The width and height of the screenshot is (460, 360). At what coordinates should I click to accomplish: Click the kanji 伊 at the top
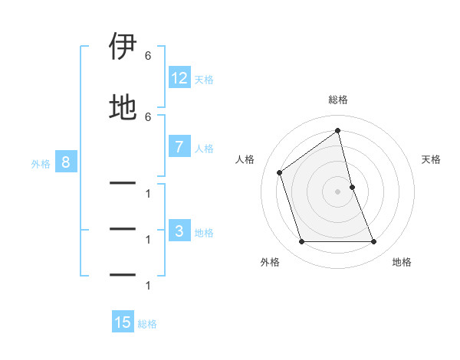click(123, 47)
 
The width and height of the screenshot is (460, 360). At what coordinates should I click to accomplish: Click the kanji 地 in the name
click(123, 107)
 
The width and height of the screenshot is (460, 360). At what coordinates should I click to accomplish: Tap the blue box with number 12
click(179, 78)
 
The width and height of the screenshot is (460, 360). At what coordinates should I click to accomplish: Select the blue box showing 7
click(179, 148)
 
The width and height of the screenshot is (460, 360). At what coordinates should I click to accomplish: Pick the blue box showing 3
click(179, 231)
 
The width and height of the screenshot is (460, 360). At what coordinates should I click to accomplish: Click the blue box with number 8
click(66, 162)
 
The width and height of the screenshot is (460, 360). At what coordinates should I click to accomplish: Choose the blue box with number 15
click(123, 322)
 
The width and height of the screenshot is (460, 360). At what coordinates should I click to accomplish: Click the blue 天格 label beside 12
click(204, 80)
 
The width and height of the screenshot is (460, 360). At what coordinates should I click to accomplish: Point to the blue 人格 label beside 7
click(204, 149)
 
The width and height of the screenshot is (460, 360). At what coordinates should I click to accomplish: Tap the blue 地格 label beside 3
click(204, 233)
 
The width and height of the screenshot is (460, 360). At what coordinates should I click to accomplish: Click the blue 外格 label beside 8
click(41, 163)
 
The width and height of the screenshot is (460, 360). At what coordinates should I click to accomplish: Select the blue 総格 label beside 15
click(147, 324)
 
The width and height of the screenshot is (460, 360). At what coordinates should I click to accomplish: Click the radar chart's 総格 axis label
click(338, 100)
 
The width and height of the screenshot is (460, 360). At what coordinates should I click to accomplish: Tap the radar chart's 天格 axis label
click(432, 159)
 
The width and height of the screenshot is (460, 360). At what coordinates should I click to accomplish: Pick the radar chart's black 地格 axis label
click(402, 262)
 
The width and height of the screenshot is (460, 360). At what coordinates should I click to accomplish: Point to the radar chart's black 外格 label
click(270, 262)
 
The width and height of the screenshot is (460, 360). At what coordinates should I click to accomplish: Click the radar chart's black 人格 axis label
click(245, 159)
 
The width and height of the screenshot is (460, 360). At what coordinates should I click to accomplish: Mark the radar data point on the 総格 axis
click(338, 131)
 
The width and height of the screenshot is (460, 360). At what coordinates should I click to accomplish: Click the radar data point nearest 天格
click(352, 187)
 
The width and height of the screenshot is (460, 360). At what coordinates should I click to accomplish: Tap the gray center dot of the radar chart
click(338, 191)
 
